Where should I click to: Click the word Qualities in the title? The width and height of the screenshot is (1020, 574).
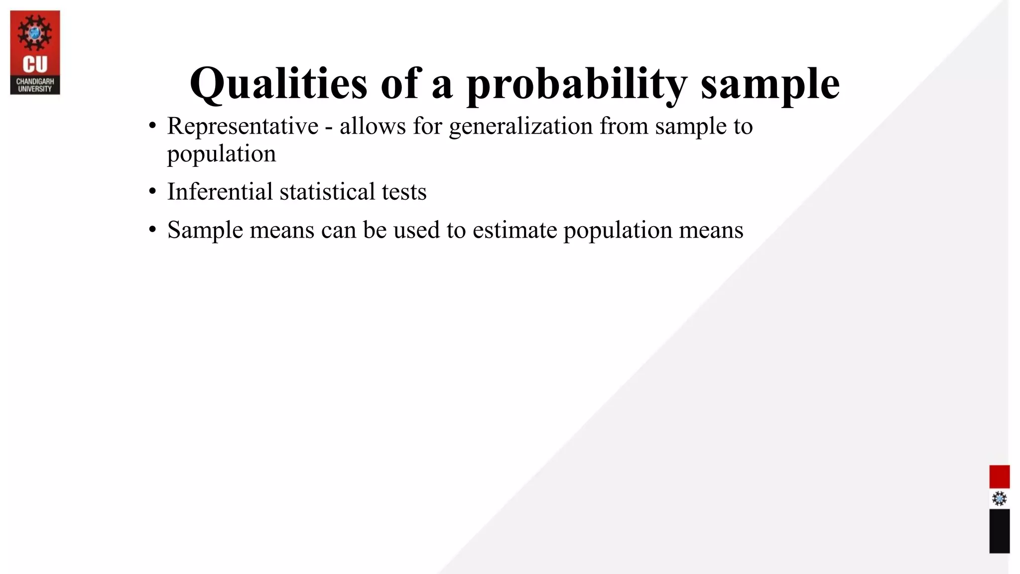[278, 84]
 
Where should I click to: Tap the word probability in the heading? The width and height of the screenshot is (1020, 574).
[577, 84]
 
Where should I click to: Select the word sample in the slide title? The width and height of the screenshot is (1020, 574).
[770, 84]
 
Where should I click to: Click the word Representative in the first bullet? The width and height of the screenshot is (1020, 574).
[243, 126]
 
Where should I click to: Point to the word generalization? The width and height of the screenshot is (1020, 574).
[520, 126]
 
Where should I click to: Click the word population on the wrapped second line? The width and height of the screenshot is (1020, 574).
[221, 153]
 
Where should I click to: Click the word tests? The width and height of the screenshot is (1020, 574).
[404, 192]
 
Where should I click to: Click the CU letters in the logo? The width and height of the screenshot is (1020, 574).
[35, 65]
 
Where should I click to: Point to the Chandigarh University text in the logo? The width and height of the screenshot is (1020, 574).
[35, 85]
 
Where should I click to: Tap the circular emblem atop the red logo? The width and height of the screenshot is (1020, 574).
[35, 33]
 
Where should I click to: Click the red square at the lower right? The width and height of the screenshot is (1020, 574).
[999, 477]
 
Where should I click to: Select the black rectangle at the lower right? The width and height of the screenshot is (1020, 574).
[999, 531]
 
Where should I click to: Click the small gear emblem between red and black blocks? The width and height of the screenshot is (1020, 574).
[999, 499]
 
